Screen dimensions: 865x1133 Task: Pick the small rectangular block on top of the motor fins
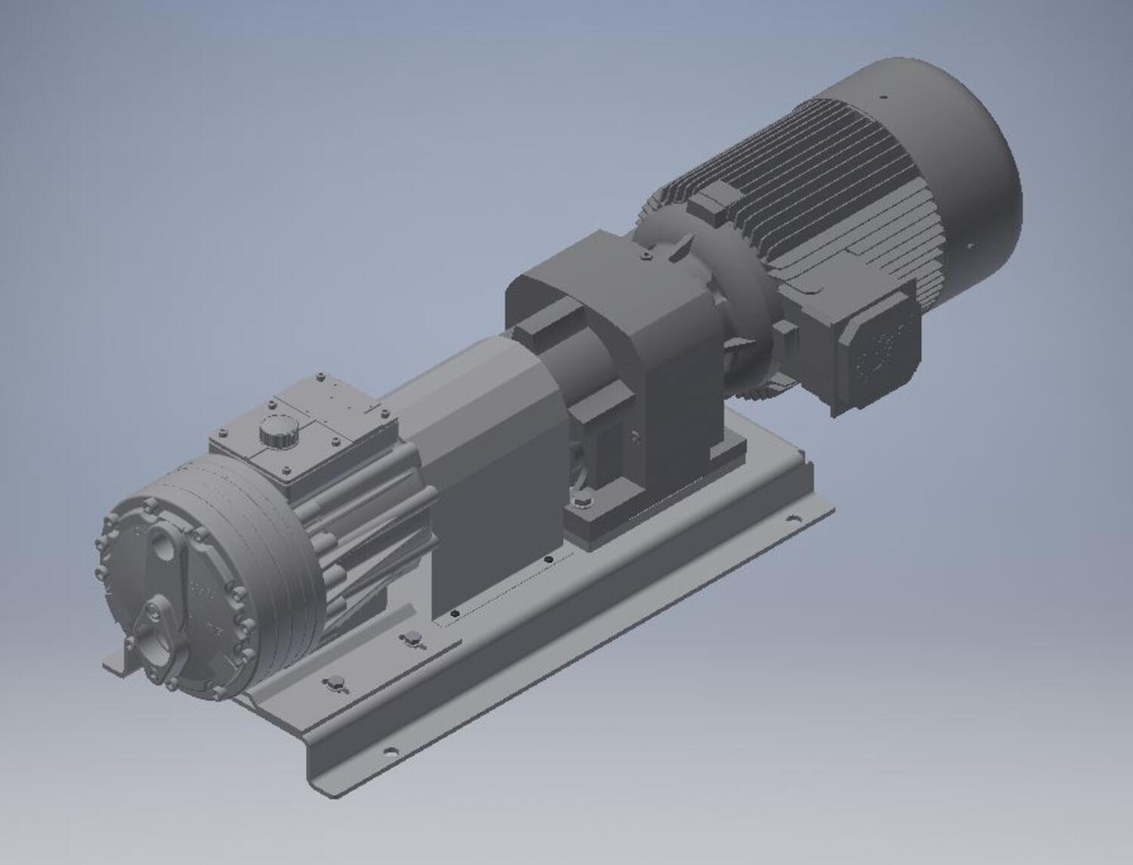click(x=716, y=202)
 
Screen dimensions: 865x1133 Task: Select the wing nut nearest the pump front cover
click(x=334, y=684)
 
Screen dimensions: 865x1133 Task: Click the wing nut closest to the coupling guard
click(x=412, y=639)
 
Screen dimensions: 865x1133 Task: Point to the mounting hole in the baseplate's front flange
click(x=390, y=750)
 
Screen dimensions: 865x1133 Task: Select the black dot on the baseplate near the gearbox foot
click(x=549, y=559)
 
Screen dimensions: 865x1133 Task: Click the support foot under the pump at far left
click(x=121, y=660)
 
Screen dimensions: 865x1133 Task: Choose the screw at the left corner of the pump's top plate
click(x=222, y=434)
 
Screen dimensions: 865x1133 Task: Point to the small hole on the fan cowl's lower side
click(x=971, y=245)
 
